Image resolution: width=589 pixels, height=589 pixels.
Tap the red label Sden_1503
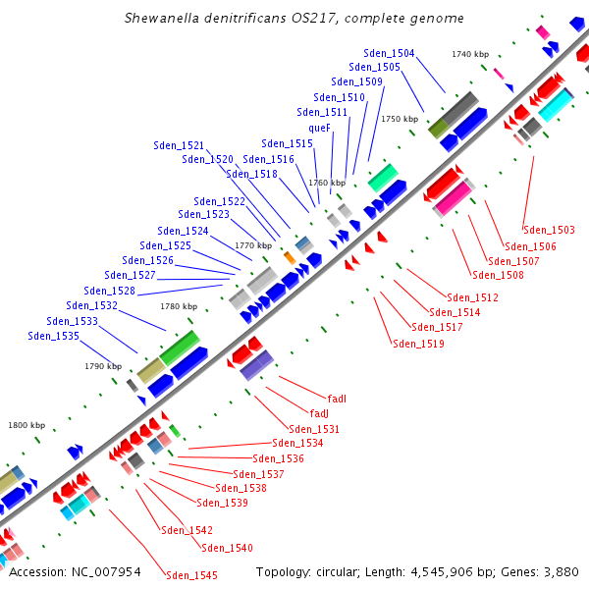click(549, 230)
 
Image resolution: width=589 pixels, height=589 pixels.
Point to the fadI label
click(337, 399)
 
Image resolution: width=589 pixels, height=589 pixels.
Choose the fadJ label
click(318, 413)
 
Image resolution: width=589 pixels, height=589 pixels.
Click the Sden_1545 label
click(191, 575)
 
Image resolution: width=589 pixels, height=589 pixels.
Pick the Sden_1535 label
click(53, 336)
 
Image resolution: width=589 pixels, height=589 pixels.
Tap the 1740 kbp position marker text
click(470, 54)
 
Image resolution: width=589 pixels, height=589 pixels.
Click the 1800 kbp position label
click(27, 425)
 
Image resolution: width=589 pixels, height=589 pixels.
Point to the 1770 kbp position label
click(252, 245)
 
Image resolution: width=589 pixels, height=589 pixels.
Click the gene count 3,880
click(561, 571)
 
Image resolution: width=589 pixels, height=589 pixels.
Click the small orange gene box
click(290, 257)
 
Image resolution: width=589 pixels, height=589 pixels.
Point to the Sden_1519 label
click(418, 344)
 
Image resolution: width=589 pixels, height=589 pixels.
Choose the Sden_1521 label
click(179, 145)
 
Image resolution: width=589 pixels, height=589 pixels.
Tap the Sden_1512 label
click(472, 297)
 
